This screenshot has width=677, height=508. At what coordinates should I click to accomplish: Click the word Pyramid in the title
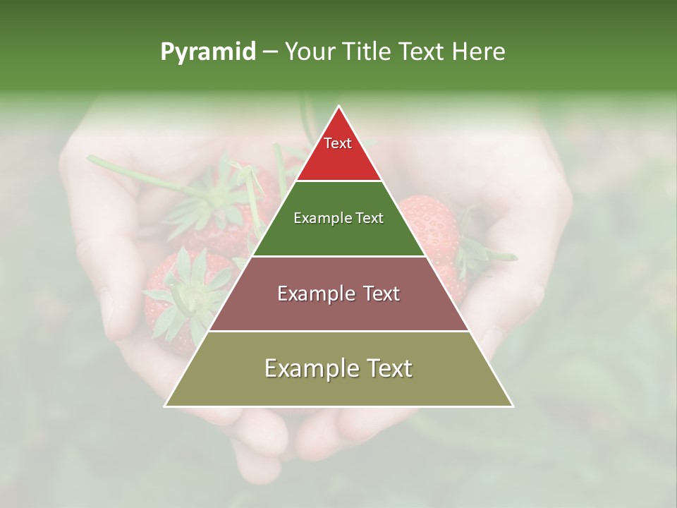coord(208,52)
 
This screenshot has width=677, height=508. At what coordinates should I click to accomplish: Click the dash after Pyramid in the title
coord(270,52)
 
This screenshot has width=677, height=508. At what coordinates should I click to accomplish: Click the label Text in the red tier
coord(338,143)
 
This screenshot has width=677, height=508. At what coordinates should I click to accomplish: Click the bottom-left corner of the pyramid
coord(166,406)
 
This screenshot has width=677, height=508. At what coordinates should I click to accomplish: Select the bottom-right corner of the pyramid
coord(512,406)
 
